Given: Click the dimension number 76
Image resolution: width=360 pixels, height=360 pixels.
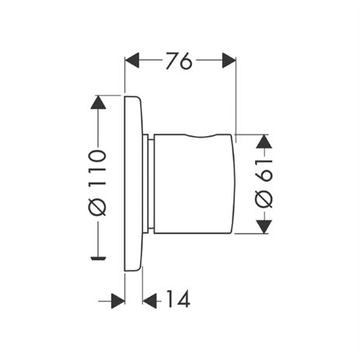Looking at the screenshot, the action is [x=179, y=61].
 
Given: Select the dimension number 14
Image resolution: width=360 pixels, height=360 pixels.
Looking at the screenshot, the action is [x=178, y=299].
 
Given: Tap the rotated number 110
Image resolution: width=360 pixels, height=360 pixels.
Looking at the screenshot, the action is [x=97, y=167].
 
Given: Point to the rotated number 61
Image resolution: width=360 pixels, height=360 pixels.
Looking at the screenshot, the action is [x=264, y=170].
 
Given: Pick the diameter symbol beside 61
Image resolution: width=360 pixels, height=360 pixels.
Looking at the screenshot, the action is [x=264, y=199].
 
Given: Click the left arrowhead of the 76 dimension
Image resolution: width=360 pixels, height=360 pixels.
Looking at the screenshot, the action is [x=132, y=61].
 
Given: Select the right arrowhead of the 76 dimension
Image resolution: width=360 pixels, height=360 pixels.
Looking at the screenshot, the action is [x=229, y=61].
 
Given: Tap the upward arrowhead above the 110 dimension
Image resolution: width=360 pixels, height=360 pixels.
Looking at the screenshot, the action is [x=98, y=102].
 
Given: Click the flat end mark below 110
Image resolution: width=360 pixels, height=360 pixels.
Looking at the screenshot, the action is [x=98, y=258].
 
